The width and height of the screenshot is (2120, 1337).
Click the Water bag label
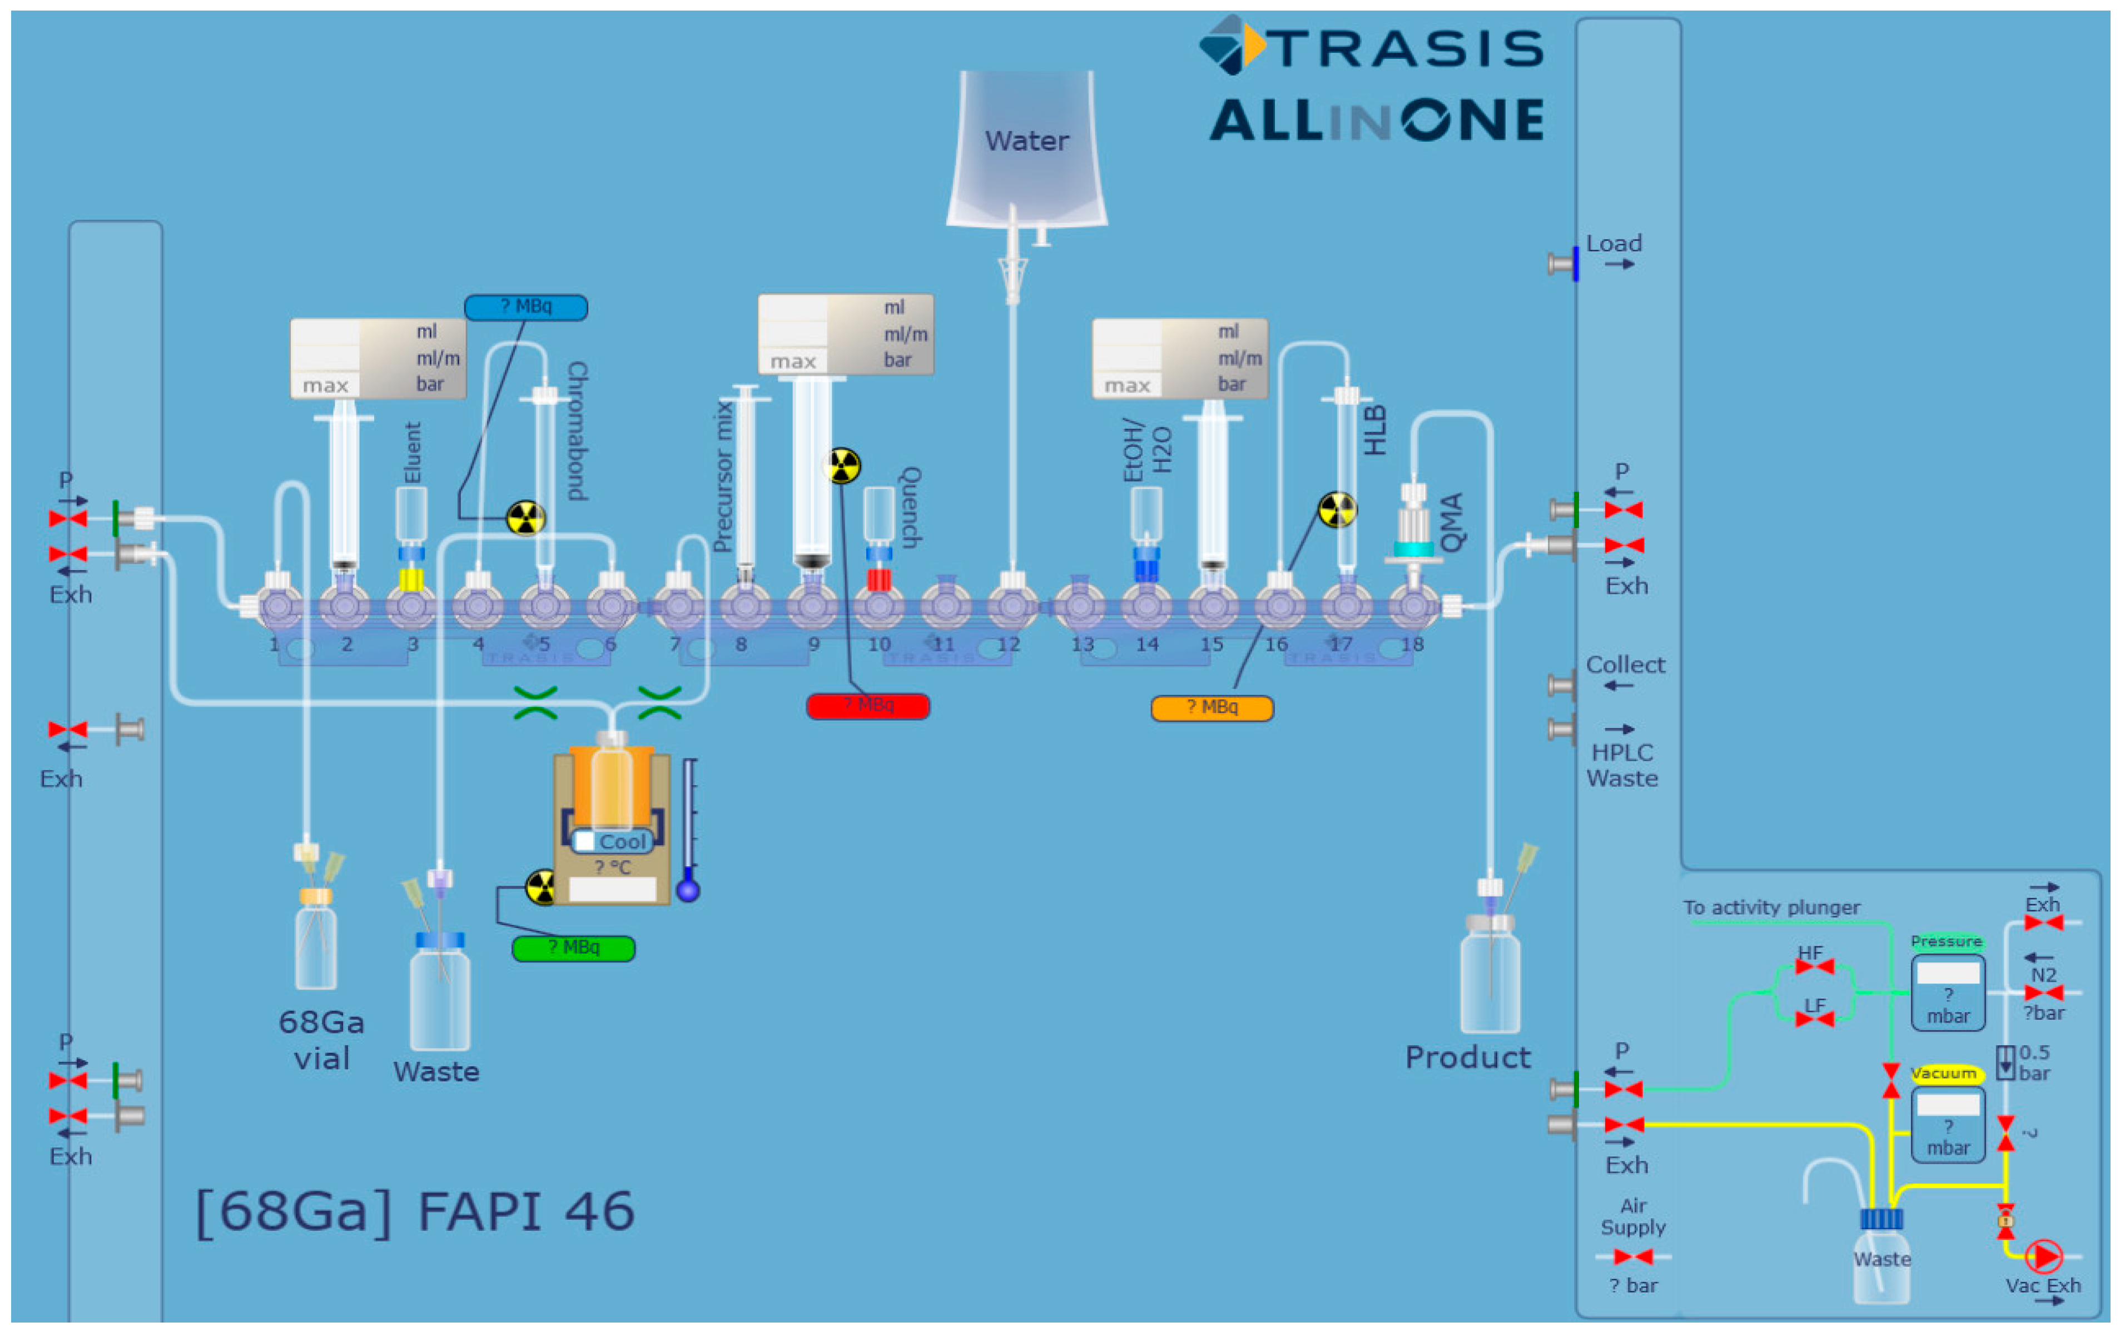(1026, 141)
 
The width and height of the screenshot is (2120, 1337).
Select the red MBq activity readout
(867, 706)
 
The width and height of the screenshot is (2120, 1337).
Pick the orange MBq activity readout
(1212, 707)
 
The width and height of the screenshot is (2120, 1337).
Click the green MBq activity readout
(573, 948)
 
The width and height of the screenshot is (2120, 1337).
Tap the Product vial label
(1468, 1057)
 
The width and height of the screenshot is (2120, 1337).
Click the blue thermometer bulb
(688, 891)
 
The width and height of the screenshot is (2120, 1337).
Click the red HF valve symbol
(1814, 966)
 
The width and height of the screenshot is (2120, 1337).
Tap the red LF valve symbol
(1814, 1019)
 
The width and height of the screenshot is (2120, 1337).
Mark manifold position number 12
(1009, 644)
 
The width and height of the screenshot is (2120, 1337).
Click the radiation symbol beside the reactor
(540, 887)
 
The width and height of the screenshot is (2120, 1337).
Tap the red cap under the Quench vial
(878, 580)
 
